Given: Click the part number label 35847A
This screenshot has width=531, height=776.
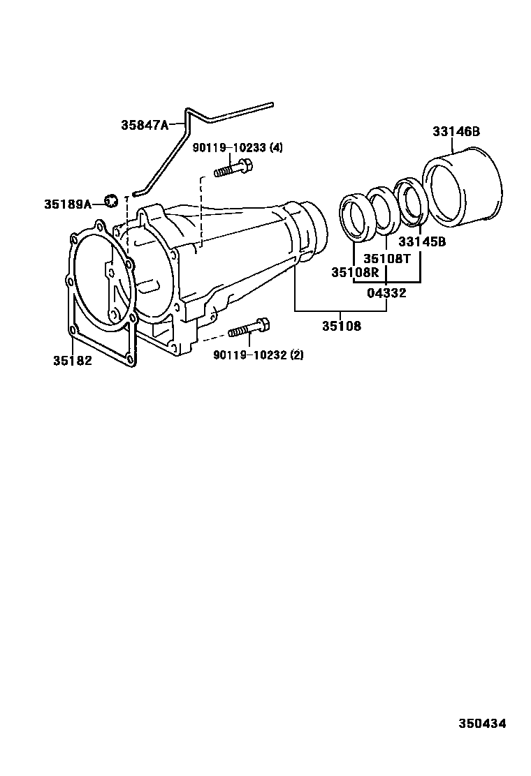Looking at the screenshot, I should pyautogui.click(x=145, y=126).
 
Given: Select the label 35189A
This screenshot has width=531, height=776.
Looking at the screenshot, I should pyautogui.click(x=68, y=204).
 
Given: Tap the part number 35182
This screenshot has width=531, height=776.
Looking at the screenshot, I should pyautogui.click(x=72, y=361).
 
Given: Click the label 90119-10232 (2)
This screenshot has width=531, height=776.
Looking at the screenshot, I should pyautogui.click(x=259, y=355).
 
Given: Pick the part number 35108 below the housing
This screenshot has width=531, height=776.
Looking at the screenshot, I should pyautogui.click(x=342, y=326).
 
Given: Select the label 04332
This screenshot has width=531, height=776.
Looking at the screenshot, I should pyautogui.click(x=386, y=293).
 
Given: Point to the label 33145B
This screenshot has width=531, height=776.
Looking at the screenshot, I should pyautogui.click(x=422, y=242).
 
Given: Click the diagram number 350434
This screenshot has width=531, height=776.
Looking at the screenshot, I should pyautogui.click(x=482, y=724).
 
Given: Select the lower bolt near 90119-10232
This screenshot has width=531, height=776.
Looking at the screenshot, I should pyautogui.click(x=249, y=327).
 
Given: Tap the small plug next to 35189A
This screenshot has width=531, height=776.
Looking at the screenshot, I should pyautogui.click(x=110, y=202).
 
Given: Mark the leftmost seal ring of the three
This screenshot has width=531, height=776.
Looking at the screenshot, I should pyautogui.click(x=356, y=218).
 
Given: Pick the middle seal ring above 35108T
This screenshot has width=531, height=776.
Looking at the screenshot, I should pyautogui.click(x=383, y=207).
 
